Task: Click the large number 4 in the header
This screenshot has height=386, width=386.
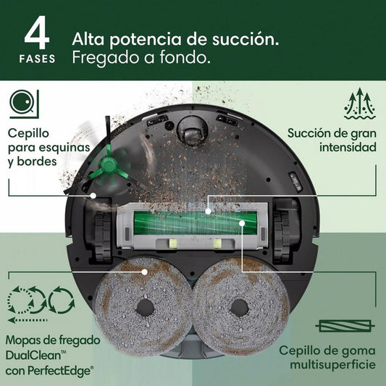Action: [38, 32]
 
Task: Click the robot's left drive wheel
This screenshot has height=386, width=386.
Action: [99, 231]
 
